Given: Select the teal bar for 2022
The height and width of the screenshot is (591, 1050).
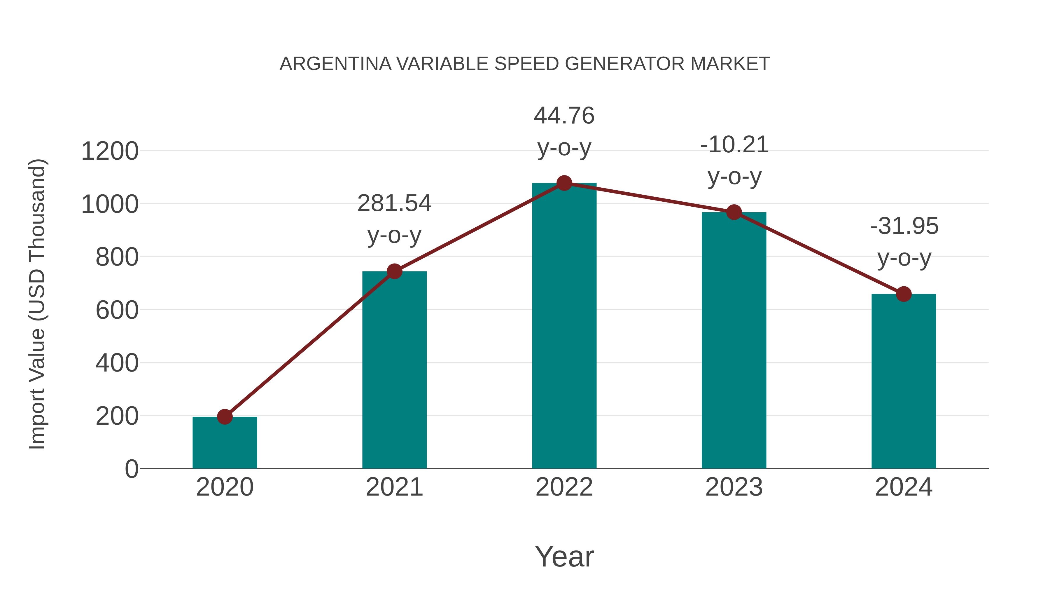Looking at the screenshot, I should (x=564, y=326).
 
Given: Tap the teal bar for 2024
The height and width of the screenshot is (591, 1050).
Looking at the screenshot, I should (x=904, y=381).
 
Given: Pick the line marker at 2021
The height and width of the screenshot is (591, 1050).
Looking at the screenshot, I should (x=394, y=271).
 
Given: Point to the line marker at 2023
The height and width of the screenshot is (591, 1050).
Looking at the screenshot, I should (x=734, y=212).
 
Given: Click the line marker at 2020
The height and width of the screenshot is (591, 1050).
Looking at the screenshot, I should (x=225, y=417).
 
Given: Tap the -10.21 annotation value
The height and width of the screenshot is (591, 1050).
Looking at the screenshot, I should (x=734, y=145).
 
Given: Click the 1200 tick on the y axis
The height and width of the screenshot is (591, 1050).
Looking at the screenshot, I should (x=110, y=151).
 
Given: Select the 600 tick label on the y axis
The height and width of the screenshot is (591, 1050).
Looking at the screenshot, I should (x=117, y=311).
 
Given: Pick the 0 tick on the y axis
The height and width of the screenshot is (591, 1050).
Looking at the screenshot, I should (x=131, y=469).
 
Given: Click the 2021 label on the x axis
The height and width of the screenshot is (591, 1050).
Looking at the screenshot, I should (x=394, y=487).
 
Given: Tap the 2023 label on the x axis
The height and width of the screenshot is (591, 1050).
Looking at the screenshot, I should (x=734, y=487).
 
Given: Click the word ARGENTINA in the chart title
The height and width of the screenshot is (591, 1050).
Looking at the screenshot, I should (x=335, y=64).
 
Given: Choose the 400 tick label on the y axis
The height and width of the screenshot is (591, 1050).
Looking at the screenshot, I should (x=117, y=363).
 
